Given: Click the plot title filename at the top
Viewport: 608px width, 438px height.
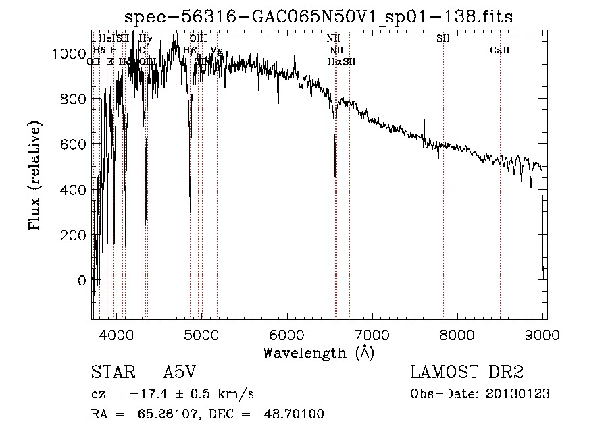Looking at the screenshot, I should (319, 18).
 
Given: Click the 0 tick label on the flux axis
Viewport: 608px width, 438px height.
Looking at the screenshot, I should (82, 280).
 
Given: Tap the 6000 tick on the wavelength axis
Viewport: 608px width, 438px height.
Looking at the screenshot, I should (287, 335).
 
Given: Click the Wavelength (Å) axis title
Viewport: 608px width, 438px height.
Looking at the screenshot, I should (318, 352).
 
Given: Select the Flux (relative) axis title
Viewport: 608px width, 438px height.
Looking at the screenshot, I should (34, 176).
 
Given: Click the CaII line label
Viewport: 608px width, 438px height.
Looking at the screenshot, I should (500, 50).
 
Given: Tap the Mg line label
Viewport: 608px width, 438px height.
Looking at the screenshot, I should (216, 50).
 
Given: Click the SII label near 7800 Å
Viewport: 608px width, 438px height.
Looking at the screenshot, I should (443, 38).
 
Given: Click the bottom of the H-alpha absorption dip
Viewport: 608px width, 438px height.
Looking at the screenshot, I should (335, 176).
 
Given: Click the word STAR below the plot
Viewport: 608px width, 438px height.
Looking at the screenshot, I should (108, 373).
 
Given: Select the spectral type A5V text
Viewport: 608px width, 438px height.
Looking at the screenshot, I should (178, 373).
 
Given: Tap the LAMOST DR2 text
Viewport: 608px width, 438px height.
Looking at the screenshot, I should (467, 373).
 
